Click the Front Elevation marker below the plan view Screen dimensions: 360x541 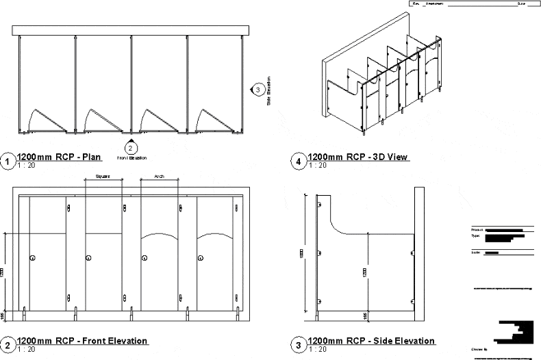click(x=131, y=147)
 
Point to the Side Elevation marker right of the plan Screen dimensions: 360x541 click(x=257, y=89)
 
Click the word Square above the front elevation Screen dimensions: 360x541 click(x=103, y=176)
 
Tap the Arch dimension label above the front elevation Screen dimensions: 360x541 click(x=160, y=176)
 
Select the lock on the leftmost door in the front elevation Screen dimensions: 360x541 click(x=32, y=258)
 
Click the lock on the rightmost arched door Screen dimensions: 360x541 click(x=200, y=258)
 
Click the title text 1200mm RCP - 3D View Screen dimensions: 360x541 click(x=359, y=157)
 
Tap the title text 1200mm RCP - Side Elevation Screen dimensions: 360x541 click(x=372, y=341)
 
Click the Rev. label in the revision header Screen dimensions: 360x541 click(x=414, y=3)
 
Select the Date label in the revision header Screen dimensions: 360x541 click(x=521, y=3)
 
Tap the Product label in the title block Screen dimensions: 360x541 click(x=477, y=229)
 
